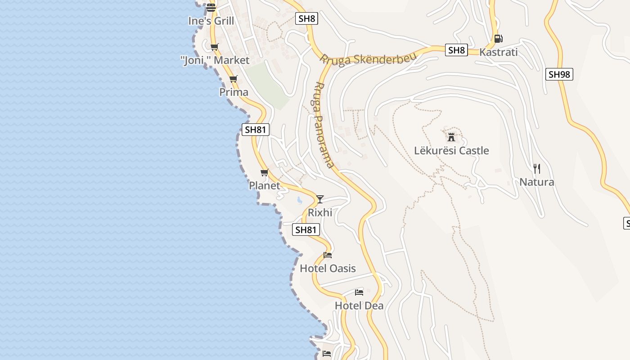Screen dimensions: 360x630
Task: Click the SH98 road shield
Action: [x=559, y=74]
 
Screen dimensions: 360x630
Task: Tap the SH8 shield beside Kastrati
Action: [x=456, y=50]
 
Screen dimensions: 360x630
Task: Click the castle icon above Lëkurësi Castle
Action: [x=451, y=137]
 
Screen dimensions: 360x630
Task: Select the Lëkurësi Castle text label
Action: [x=451, y=151]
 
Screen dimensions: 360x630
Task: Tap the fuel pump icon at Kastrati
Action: [x=498, y=39]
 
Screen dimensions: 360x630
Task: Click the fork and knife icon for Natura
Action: [x=536, y=169]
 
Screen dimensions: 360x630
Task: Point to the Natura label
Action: [x=536, y=182]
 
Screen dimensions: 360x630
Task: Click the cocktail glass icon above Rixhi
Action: [x=320, y=199]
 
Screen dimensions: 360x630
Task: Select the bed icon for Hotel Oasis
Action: [x=328, y=255]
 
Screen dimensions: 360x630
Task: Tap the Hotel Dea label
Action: [x=359, y=306]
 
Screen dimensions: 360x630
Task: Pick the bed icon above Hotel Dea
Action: [x=359, y=292]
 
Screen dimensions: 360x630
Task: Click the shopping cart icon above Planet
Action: [x=265, y=172]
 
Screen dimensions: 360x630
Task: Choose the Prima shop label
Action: [x=234, y=92]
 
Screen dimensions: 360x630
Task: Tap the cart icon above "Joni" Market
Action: [x=215, y=47]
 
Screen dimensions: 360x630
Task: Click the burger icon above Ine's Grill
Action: [x=211, y=8]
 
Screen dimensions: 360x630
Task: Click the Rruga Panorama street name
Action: [x=324, y=125]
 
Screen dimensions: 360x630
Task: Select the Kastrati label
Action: [x=499, y=52]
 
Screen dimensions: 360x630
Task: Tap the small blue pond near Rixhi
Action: [x=299, y=200]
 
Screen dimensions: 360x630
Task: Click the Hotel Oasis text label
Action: [x=328, y=269]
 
